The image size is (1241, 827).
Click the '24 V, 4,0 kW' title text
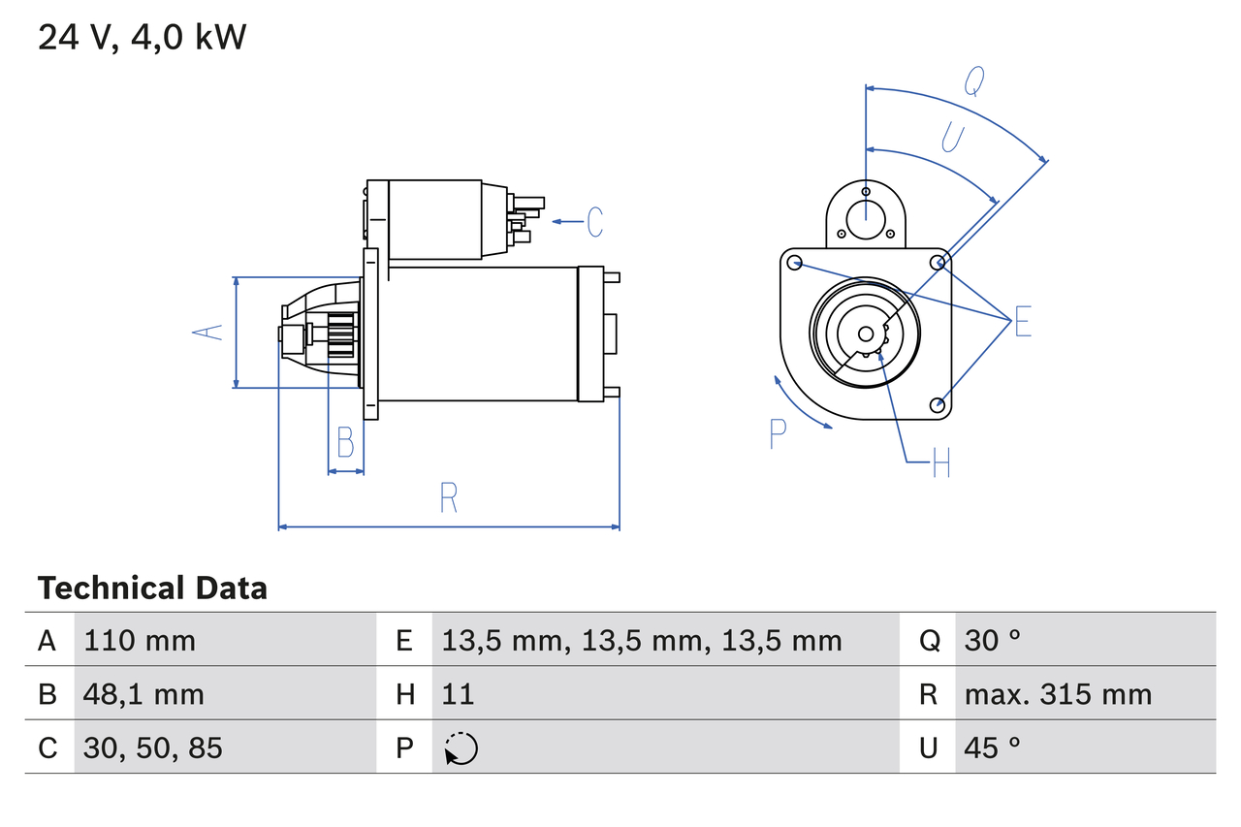pos(143,38)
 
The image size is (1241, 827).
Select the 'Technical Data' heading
pos(152,588)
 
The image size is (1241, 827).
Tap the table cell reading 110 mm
pos(140,640)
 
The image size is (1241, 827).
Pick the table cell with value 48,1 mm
pos(143,694)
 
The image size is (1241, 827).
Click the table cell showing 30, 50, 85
pos(153,747)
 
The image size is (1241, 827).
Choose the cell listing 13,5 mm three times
pos(641,640)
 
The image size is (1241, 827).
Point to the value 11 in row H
pos(458,694)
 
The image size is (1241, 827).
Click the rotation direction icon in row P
pos(461,748)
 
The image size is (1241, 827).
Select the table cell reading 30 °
pos(993,640)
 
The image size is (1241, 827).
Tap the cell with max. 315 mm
pos(1058,694)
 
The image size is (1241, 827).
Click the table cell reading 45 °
pos(993,747)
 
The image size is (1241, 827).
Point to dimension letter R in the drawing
pos(448,497)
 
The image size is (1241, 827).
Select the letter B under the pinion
pos(345,442)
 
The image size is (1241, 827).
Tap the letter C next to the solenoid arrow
pos(594,222)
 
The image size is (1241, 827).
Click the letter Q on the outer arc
pos(974,83)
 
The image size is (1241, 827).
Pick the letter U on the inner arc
pos(952,139)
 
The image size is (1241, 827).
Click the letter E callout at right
pos(1023,321)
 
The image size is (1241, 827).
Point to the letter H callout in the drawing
pos(940,464)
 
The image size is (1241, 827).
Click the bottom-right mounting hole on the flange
pos(937,404)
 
